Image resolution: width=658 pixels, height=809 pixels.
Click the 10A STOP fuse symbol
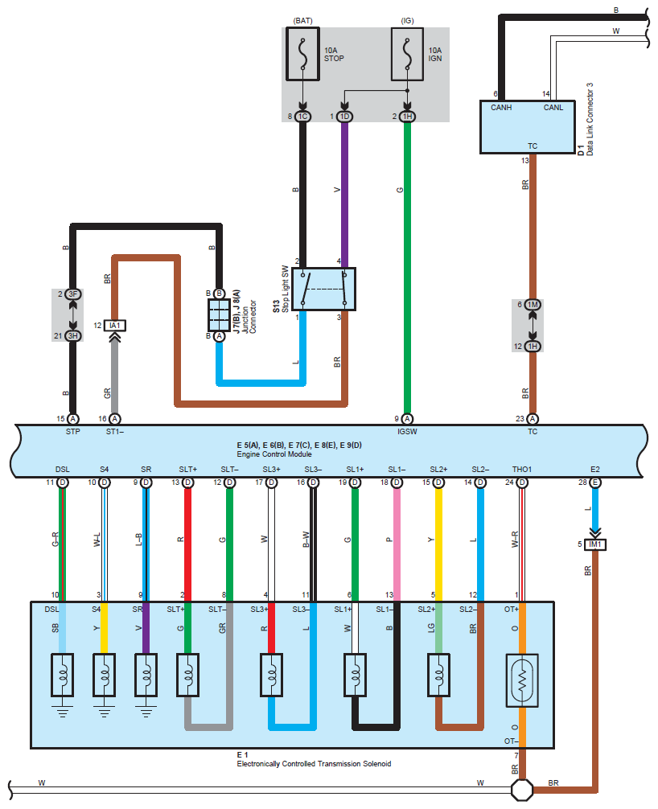pos(303,54)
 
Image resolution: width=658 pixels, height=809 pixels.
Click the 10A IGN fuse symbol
pos(407,54)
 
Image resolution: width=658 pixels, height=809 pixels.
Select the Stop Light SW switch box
pos(323,289)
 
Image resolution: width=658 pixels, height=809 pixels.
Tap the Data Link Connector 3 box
pos(528,127)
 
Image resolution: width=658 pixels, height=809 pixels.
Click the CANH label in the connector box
pos(501,107)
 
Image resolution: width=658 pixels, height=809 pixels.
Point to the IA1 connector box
pos(114,326)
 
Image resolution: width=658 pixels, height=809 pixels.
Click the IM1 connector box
pos(595,544)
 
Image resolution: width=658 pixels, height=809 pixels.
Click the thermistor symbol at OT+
pos(522,680)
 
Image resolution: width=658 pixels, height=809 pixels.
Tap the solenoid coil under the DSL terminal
pos(63,675)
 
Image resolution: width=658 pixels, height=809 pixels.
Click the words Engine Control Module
pos(274,454)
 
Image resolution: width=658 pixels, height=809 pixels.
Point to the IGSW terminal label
pos(407,431)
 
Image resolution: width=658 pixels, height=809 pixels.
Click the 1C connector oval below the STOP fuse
pos(303,117)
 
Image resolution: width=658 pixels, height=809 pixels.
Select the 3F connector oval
pos(72,294)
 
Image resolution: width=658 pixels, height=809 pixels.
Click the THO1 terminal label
pos(522,469)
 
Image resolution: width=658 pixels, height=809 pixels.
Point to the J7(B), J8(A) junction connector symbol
pos(219,314)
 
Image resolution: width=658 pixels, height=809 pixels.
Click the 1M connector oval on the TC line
pos(533,305)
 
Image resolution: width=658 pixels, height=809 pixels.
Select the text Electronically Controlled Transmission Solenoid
pos(314,764)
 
